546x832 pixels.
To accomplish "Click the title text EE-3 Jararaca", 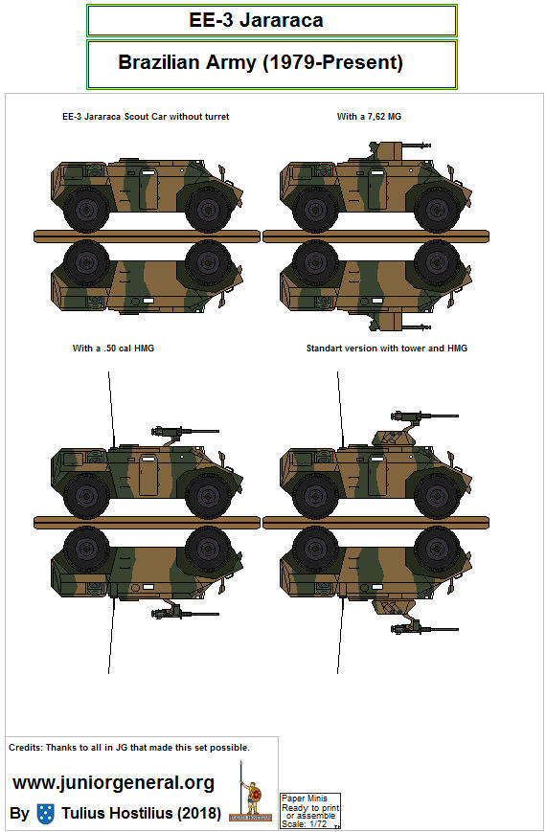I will tap(271, 19).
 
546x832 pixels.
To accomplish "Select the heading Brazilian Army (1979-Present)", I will tap(261, 63).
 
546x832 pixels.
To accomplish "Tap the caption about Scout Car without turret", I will tap(145, 117).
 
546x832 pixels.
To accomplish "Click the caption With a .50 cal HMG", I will tap(113, 349).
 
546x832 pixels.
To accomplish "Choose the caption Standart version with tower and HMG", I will tap(387, 349).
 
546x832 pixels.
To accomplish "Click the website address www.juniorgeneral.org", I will tap(113, 782).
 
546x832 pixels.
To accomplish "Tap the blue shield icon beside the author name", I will tap(45, 814).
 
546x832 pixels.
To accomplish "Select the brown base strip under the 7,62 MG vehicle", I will tap(377, 234).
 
